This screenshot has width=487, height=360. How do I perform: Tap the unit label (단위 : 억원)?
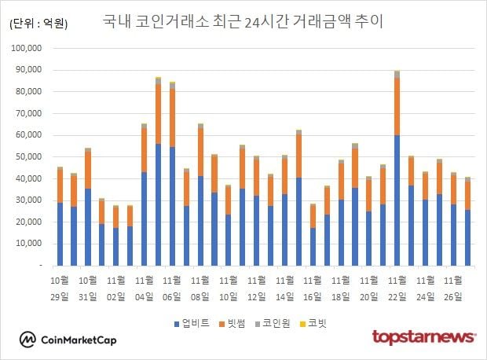point(38,24)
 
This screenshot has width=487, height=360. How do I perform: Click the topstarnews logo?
point(423,337)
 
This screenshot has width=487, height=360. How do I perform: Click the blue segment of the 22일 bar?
point(397,200)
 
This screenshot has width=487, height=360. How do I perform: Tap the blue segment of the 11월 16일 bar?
point(313,247)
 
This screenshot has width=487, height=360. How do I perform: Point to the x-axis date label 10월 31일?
point(86,288)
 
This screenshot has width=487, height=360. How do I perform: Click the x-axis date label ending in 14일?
point(284,288)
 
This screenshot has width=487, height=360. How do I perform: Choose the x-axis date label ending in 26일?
point(453,288)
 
